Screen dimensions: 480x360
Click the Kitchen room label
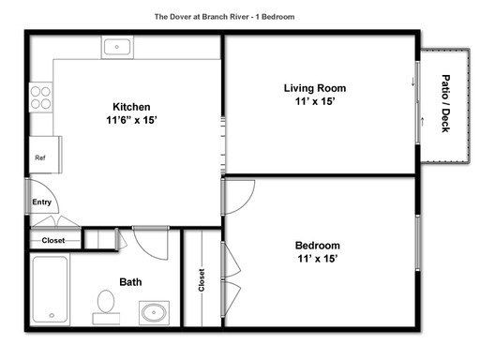pos(131,107)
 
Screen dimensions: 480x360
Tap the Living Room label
pos(315,88)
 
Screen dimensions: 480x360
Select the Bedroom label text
pos(318,246)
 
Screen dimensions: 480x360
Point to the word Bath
pos(130,282)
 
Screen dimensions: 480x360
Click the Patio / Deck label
pos(446,103)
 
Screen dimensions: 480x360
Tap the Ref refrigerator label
pos(40,157)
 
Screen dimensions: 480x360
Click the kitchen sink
pos(117,47)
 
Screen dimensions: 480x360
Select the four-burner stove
pos(41,97)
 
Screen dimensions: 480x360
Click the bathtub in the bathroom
pos(50,290)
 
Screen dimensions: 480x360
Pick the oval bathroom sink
pos(154,312)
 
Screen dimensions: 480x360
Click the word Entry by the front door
pos(41,202)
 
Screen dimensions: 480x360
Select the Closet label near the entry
pos(53,241)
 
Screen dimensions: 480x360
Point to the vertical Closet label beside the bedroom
pos(202,280)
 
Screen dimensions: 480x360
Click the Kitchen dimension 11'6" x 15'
pos(131,120)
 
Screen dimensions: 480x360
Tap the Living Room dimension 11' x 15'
pos(315,101)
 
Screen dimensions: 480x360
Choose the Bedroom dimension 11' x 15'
pos(318,259)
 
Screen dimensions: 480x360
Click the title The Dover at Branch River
pos(202,17)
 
